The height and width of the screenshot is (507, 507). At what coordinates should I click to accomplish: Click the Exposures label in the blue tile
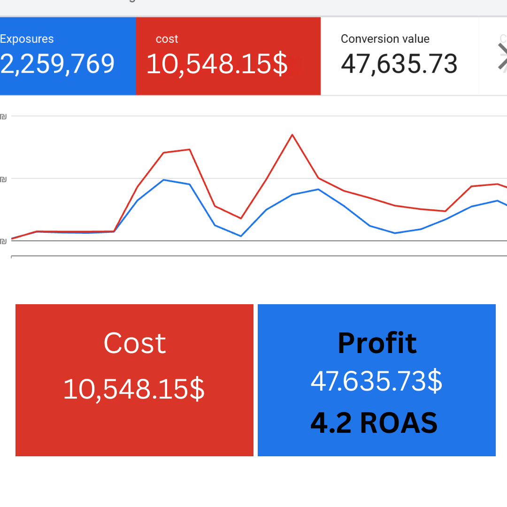coord(27,39)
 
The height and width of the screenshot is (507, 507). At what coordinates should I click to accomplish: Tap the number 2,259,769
coord(58,64)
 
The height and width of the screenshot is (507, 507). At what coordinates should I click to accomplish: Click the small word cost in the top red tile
coord(167,39)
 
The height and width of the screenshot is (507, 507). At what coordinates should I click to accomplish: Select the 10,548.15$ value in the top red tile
coord(217,64)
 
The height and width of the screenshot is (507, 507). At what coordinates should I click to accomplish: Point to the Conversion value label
coord(385,39)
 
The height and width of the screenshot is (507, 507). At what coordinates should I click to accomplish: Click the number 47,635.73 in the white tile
coord(399,64)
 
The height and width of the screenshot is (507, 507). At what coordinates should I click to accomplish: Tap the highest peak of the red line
coord(292,135)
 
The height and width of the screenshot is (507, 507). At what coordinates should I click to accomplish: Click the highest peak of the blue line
coord(163,180)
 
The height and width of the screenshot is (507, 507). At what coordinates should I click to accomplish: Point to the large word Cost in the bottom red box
coord(135,343)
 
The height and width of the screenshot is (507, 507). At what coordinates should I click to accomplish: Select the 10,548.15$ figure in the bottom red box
coord(134,389)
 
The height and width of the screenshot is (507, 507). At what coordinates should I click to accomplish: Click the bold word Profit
coord(377,343)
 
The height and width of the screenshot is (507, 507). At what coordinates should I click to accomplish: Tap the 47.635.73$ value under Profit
coord(376,381)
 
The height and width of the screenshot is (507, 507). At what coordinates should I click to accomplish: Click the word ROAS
coord(399,423)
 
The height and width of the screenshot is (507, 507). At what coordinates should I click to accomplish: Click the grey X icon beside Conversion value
coord(502,57)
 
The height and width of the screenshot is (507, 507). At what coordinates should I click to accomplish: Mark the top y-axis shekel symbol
coord(3,116)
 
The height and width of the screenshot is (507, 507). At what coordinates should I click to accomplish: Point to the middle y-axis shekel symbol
coord(3,179)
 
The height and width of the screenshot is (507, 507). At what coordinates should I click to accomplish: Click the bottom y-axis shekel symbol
coord(3,241)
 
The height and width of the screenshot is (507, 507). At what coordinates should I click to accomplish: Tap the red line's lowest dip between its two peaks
coord(241,218)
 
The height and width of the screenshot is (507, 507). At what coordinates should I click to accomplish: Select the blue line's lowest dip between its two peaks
coord(241,236)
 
